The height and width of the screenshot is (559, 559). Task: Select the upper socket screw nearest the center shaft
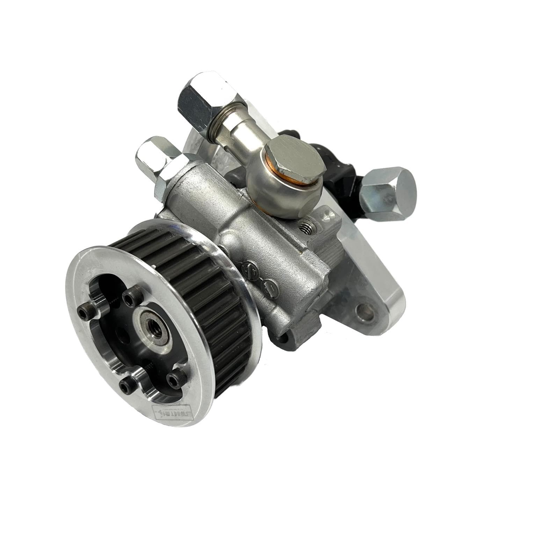pos(130,298)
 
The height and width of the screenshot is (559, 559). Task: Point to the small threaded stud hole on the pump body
pos(308,227)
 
